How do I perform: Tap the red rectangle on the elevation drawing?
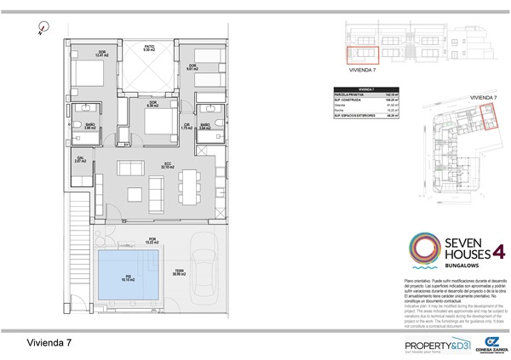pos(356,54)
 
